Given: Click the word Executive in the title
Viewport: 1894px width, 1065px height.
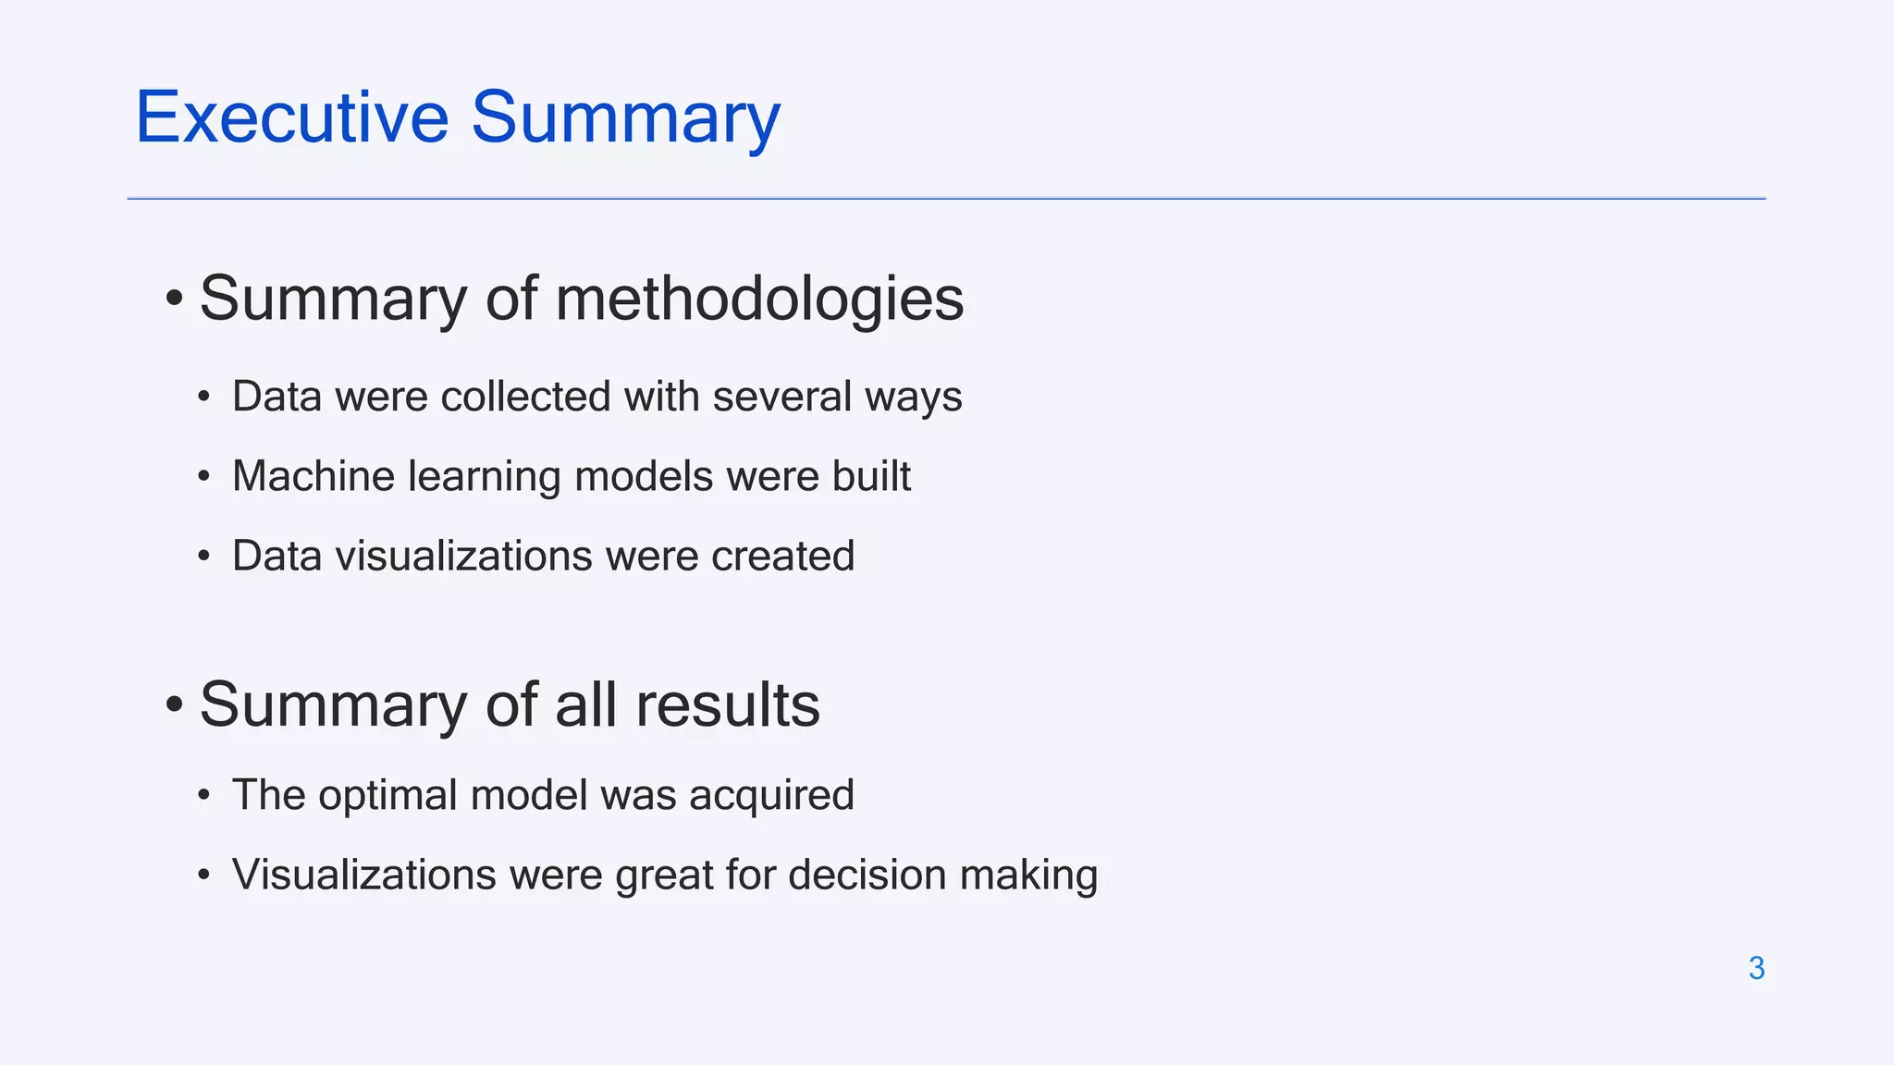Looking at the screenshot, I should pos(292,117).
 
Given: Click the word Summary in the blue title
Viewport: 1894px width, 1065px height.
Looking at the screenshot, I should pos(626,119).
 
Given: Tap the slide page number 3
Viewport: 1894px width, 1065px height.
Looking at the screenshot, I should pos(1756,968).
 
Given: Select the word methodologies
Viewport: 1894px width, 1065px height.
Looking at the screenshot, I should pos(759,299).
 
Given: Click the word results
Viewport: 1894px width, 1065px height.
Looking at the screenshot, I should pos(727,704).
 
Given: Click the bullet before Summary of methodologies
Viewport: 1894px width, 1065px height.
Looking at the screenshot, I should pos(174,299).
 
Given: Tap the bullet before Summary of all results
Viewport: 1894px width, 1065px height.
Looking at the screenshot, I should pos(174,704).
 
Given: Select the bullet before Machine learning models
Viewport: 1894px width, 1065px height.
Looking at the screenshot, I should pos(203,477).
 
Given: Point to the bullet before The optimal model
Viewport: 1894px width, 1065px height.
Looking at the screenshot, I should pos(203,795).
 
